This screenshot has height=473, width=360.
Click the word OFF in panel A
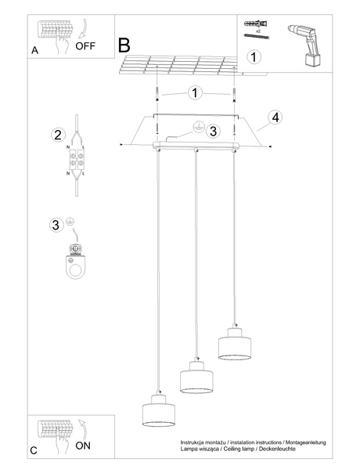tap(87, 46)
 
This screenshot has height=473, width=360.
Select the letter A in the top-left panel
tap(34, 51)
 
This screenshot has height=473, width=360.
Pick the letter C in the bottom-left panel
tap(34, 450)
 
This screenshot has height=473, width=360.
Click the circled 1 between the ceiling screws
tap(195, 93)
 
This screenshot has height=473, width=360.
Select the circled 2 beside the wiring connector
tap(57, 134)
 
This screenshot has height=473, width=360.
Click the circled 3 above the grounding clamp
tap(56, 225)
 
